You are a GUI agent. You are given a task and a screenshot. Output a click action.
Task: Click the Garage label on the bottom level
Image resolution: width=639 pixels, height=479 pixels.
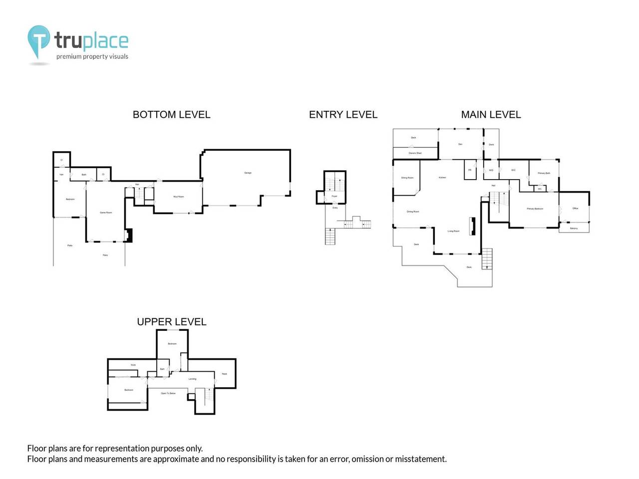248,173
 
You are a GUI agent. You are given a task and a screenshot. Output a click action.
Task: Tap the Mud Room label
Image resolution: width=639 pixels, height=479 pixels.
178,197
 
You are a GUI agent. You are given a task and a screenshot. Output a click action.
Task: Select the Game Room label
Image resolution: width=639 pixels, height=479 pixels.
106,213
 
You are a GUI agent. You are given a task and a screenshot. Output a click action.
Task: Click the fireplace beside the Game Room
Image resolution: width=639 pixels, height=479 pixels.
129,235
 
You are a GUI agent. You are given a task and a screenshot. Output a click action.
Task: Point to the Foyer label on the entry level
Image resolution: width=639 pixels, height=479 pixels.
334,196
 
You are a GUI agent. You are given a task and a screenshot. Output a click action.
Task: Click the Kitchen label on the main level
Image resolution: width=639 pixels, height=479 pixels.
442,178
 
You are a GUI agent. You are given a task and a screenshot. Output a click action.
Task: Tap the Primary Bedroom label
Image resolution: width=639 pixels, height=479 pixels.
535,209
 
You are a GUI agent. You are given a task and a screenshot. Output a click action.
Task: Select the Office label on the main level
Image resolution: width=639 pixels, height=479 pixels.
575,208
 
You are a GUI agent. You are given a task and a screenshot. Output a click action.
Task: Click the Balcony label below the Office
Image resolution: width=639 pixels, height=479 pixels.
574,229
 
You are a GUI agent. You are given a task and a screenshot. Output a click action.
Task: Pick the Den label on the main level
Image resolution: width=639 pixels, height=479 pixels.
460,144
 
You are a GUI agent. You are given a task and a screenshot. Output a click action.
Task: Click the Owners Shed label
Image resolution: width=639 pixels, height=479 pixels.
415,153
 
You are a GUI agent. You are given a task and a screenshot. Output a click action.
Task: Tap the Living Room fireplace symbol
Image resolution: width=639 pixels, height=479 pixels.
471,226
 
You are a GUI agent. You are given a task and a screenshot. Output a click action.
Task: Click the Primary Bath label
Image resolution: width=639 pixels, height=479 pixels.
544,173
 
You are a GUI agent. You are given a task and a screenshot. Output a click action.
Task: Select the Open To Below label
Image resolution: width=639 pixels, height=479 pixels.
168,393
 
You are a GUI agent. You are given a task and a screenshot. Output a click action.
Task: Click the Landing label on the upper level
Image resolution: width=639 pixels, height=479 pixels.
192,379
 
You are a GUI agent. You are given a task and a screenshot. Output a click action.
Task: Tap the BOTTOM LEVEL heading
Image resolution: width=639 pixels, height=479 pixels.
171,115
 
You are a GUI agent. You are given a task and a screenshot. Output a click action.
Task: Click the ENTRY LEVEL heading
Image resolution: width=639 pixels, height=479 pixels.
343,115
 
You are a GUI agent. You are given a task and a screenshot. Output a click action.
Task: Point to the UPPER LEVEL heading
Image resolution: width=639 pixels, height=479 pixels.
171,322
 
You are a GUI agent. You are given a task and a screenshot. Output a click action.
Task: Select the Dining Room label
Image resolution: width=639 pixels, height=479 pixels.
413,212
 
